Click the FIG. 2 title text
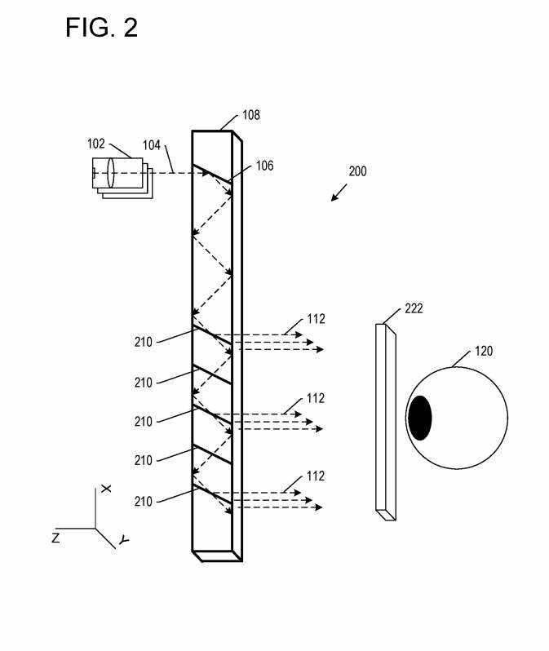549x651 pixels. (x=101, y=28)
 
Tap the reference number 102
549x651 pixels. (x=96, y=144)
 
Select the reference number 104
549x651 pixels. (x=152, y=145)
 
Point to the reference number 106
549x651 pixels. (x=264, y=166)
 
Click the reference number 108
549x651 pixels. (x=251, y=115)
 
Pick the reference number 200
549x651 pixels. (x=357, y=171)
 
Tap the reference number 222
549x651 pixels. (x=414, y=308)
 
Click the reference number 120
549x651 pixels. (x=484, y=352)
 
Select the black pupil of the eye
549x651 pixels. (x=420, y=418)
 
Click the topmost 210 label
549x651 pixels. (x=144, y=342)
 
